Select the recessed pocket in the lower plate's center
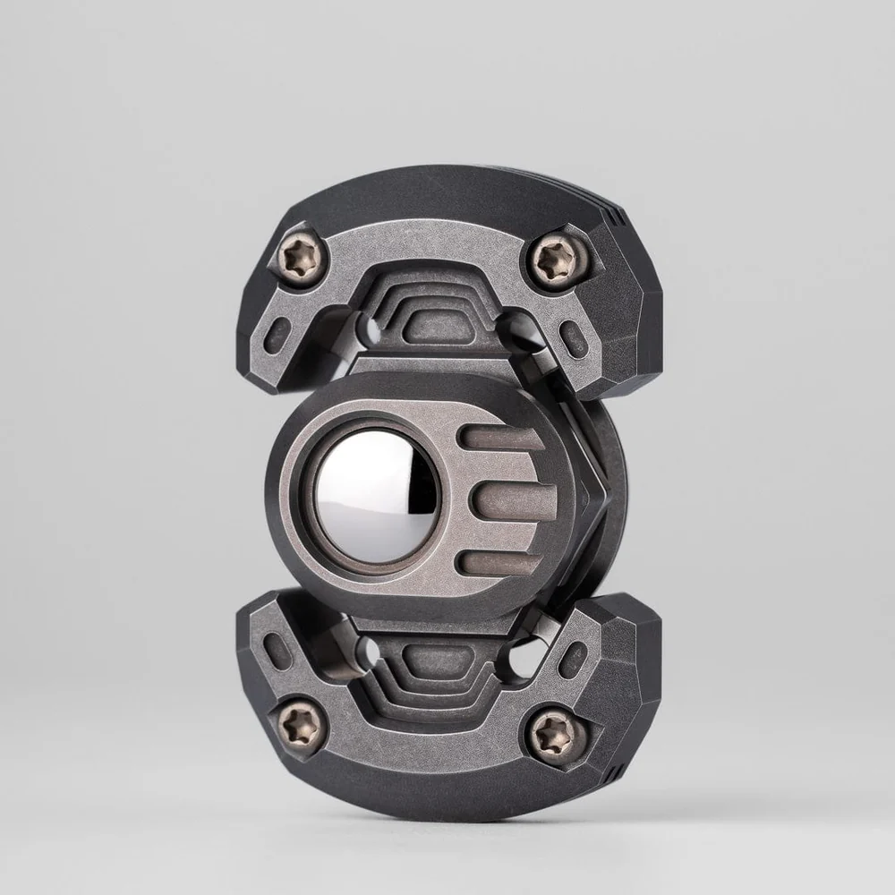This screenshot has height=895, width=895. [x=439, y=661]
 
